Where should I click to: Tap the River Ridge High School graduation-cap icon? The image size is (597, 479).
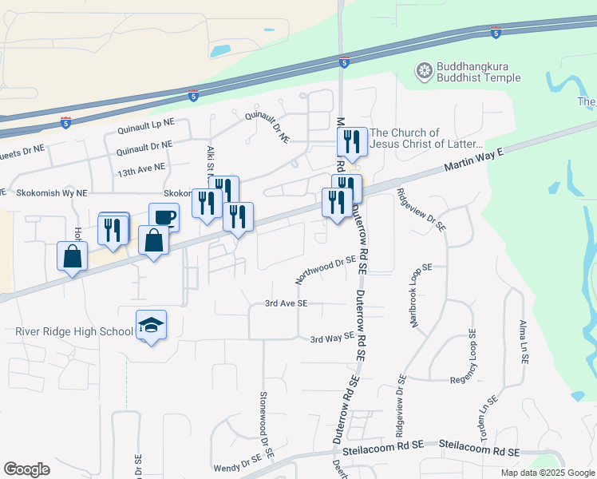click(x=151, y=326)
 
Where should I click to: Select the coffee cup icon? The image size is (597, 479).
click(x=164, y=217)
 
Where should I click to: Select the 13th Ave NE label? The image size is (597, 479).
click(x=141, y=170)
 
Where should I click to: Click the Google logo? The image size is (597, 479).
click(x=26, y=469)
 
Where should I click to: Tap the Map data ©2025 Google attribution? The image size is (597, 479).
click(x=547, y=473)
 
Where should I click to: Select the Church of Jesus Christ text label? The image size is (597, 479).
click(x=426, y=138)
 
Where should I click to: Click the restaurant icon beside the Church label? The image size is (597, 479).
click(x=351, y=142)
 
